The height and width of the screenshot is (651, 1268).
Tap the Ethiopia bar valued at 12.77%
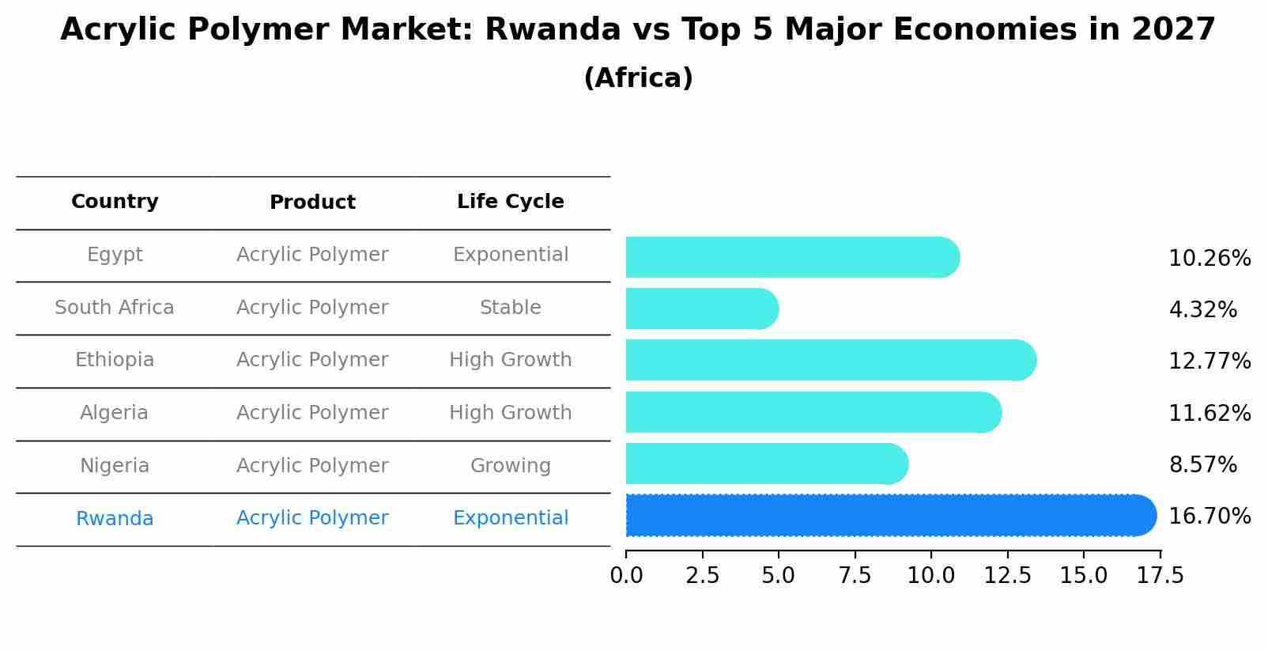(x=830, y=360)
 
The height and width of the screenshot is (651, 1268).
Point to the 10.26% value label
(x=1209, y=259)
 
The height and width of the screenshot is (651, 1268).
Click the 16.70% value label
(x=1209, y=517)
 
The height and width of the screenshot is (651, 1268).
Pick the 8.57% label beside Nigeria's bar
(x=1202, y=465)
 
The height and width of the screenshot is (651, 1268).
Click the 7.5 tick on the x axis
(x=855, y=576)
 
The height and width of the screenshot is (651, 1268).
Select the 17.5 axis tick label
(x=1160, y=576)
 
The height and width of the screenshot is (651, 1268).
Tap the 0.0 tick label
(x=626, y=576)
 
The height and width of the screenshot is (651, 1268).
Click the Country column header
(x=115, y=202)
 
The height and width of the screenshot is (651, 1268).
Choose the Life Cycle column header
(x=510, y=202)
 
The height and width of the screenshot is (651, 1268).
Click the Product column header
(x=312, y=202)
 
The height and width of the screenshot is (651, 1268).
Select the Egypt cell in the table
(x=115, y=255)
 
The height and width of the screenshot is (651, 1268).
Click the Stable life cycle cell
(x=510, y=308)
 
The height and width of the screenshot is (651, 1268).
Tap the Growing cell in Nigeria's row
(x=510, y=466)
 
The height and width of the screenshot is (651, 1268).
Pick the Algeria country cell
(x=114, y=413)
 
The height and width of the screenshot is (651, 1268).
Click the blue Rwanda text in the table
(x=115, y=519)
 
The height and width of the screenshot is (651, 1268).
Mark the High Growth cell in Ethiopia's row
(x=510, y=360)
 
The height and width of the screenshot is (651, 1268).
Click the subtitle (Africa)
(x=638, y=78)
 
